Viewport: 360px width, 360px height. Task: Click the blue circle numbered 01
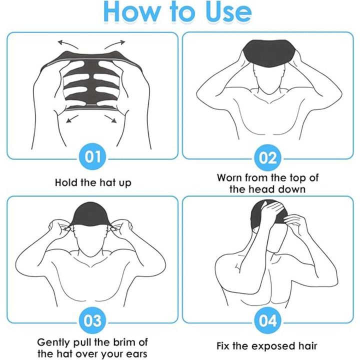pos(93,157)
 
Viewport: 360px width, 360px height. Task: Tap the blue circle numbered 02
pos(267,158)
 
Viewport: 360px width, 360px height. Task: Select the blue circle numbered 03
pos(93,320)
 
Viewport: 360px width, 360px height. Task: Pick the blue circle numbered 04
pos(267,320)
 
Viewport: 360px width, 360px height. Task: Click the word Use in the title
pos(227,12)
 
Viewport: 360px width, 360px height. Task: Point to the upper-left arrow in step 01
pos(67,44)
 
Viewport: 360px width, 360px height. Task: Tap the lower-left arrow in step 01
pos(72,118)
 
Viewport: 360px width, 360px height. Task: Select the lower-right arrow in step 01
pos(110,118)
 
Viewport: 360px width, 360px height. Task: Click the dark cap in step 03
pos(91,214)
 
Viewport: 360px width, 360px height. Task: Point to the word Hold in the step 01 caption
pos(66,183)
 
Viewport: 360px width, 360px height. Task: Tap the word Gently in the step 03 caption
pos(54,343)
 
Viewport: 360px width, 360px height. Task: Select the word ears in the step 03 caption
pos(135,354)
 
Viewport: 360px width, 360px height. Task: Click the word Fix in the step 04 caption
pos(223,346)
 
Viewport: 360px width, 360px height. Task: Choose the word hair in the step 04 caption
pos(308,346)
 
